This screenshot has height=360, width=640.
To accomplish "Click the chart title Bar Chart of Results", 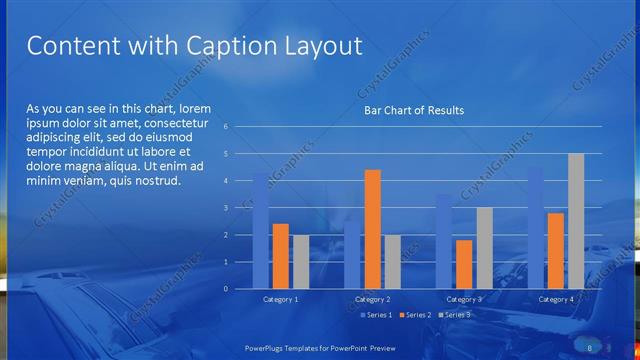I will coord(414,110).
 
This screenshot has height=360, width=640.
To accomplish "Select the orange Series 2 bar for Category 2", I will coord(372,229).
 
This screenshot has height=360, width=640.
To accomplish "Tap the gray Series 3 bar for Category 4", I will coord(576,221).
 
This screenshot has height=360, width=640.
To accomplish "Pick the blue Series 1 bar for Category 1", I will coord(260,230).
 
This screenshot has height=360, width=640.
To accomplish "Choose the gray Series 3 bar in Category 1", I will coord(300,262).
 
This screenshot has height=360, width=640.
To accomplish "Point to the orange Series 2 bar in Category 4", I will coord(556,251).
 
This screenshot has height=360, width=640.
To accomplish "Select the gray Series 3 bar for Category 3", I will coord(484,248).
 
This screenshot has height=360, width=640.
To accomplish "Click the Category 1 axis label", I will coord(280,299).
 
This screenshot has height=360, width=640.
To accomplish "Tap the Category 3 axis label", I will coord(464,299).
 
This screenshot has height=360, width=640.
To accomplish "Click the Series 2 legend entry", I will coord(416,315).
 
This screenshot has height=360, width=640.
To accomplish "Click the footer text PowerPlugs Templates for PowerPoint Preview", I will coord(319,347).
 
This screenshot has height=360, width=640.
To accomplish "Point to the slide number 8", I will coord(590,347).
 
